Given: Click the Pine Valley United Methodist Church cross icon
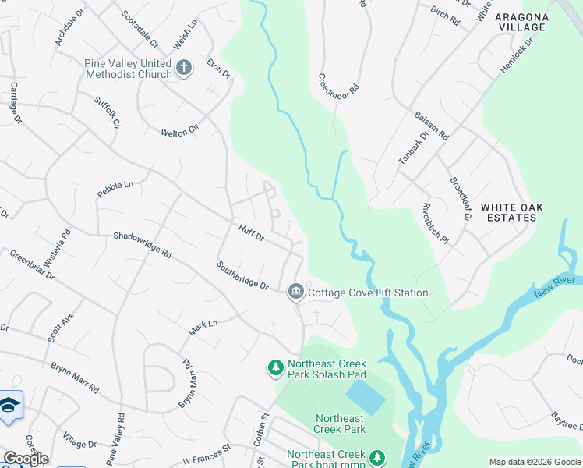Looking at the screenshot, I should pos(184,68).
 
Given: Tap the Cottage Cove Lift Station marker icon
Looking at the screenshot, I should pos(295,292).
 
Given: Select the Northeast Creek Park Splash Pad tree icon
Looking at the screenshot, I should pos(275,367).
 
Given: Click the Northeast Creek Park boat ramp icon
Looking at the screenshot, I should pos(377,457).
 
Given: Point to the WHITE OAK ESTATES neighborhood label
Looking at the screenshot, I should pos(511,212).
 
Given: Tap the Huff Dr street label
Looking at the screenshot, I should pos(252,232).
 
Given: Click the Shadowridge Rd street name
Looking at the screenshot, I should pos(142,244).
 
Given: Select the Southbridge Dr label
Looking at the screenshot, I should pos(243,275).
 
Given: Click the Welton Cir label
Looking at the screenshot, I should pos(180,132).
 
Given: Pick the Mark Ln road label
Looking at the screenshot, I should pos(203,328).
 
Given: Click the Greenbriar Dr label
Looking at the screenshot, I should pos(32,264).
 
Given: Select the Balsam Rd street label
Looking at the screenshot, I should pos(431,125).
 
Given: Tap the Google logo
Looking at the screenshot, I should pos(25,459).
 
